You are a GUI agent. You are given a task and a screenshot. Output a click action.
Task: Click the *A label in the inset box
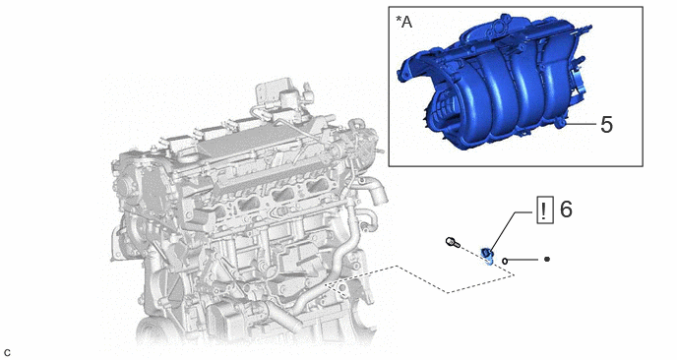[x=404, y=22]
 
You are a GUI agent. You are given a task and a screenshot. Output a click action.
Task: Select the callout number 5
[x=606, y=125]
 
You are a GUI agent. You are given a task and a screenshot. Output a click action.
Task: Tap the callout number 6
[x=566, y=210]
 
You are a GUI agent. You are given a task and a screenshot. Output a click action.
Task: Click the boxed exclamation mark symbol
[x=544, y=210]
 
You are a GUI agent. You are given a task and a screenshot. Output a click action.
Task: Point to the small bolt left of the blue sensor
[x=452, y=242]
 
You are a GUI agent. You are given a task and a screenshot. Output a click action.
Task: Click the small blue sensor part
[x=487, y=255]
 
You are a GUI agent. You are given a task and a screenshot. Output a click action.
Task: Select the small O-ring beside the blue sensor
[x=505, y=261]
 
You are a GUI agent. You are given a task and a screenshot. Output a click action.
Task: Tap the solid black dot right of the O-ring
[x=546, y=259]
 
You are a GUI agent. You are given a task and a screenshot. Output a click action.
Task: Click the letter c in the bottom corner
[x=7, y=353]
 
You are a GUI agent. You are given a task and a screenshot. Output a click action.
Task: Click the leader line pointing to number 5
[x=582, y=124]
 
